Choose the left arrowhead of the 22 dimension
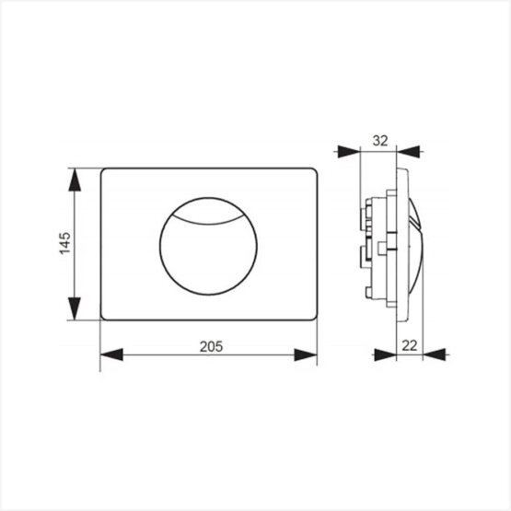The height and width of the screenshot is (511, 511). pos(385,355)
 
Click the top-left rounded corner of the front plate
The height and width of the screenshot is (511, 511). pos(103,172)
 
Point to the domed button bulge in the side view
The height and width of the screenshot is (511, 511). pos(415,243)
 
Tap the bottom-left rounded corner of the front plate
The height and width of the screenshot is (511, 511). pos(103,318)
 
